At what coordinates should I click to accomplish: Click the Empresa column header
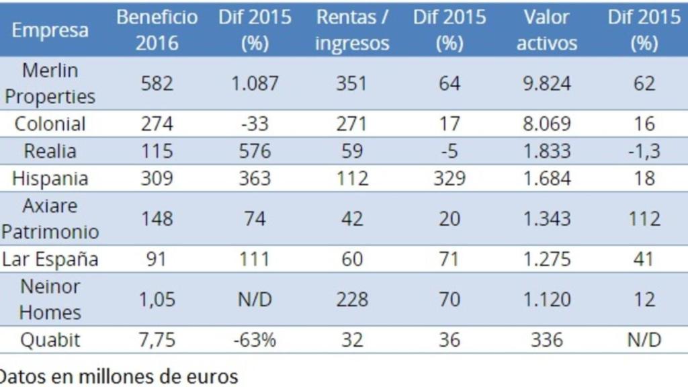[50, 30]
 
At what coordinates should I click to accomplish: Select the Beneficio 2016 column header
[157, 30]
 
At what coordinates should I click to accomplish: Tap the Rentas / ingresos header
[352, 30]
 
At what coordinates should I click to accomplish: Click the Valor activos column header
[546, 30]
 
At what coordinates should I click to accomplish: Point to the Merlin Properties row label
[50, 83]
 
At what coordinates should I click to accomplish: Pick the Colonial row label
[50, 124]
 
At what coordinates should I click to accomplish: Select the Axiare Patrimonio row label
[50, 218]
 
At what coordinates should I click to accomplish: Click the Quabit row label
[50, 340]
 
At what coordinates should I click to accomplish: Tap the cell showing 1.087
[255, 83]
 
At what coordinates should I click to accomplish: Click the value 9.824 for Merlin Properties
[547, 83]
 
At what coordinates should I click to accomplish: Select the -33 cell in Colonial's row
[255, 124]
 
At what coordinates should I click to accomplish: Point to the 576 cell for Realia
[255, 151]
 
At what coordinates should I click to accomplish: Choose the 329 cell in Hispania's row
[449, 179]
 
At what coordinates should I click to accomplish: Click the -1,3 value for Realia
[644, 151]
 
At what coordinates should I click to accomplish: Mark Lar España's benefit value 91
[157, 259]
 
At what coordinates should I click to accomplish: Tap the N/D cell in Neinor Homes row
[255, 300]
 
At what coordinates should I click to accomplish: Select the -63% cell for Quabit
[255, 340]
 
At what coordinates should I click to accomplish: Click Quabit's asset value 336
[547, 340]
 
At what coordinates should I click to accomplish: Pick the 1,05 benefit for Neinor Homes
[157, 300]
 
